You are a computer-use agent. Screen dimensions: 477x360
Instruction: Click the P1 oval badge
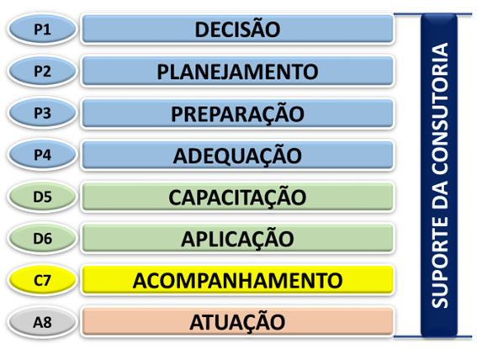(42, 29)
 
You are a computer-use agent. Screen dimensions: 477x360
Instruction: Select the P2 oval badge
(42, 71)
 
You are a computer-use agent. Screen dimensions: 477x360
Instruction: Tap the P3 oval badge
(42, 113)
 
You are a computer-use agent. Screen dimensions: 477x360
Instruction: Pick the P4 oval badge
(42, 155)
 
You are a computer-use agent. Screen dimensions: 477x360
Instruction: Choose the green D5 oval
(42, 197)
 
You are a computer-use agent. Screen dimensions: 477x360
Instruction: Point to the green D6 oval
(42, 238)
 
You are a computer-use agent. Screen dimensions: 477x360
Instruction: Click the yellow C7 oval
(42, 280)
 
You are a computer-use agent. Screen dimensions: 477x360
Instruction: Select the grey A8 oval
(42, 322)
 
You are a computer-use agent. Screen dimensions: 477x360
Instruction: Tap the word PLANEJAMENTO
(237, 71)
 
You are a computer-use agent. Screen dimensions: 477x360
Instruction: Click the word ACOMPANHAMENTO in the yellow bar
(237, 281)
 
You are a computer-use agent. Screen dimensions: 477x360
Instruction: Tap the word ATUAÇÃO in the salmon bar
(237, 321)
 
